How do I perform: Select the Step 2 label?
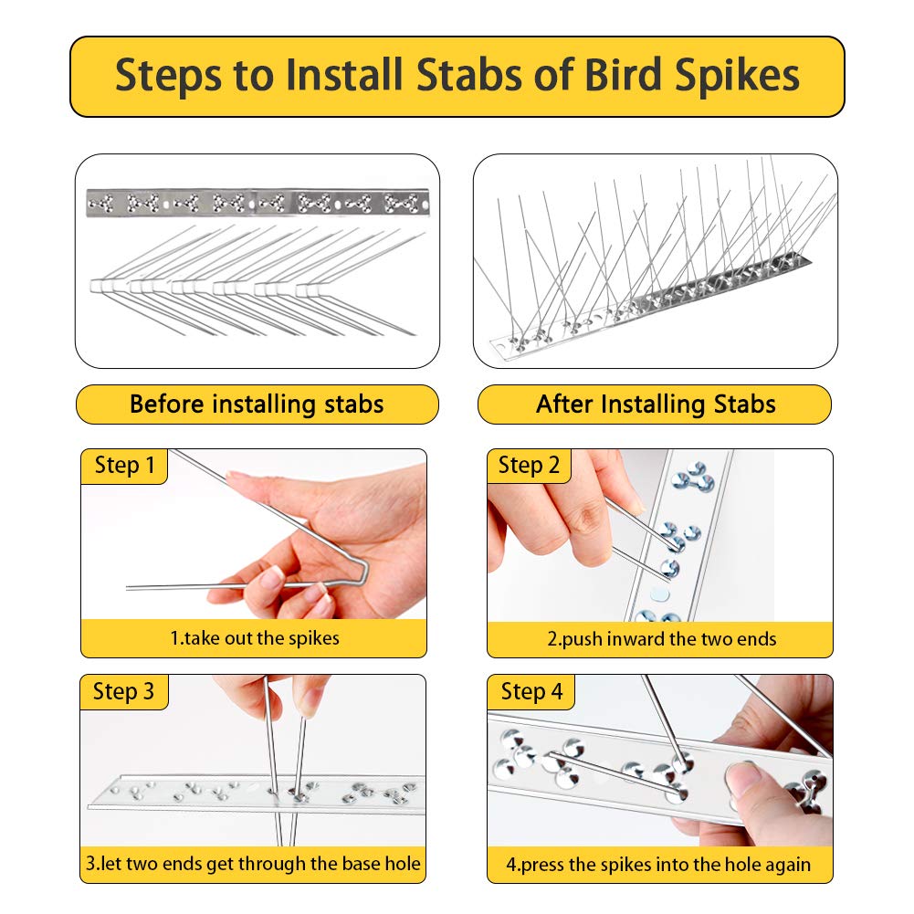pyautogui.click(x=529, y=466)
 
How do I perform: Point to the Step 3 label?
pyautogui.click(x=124, y=691)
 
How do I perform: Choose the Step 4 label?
pyautogui.click(x=531, y=691)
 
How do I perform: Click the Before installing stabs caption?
pyautogui.click(x=257, y=404)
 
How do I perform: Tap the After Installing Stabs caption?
pyautogui.click(x=655, y=404)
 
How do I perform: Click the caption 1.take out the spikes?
pyautogui.click(x=254, y=638)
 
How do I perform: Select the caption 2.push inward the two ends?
pyautogui.click(x=660, y=638)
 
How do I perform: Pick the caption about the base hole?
pyautogui.click(x=254, y=863)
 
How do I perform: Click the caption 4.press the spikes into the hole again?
pyautogui.click(x=659, y=863)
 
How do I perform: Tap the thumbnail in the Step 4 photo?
pyautogui.click(x=747, y=779)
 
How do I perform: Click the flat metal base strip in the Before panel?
pyautogui.click(x=257, y=201)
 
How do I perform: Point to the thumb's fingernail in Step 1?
pyautogui.click(x=273, y=576)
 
